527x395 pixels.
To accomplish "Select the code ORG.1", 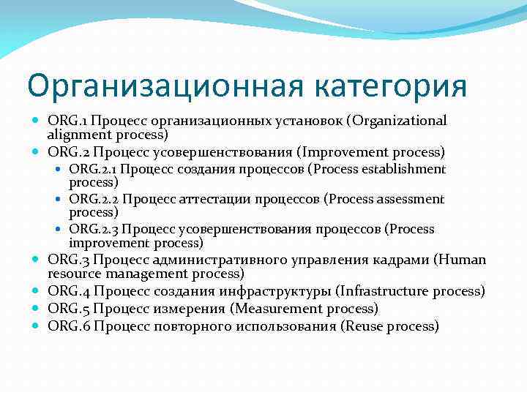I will tap(68, 120).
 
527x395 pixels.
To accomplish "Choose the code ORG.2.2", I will tap(94, 199).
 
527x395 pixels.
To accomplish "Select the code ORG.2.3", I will tap(94, 229).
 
